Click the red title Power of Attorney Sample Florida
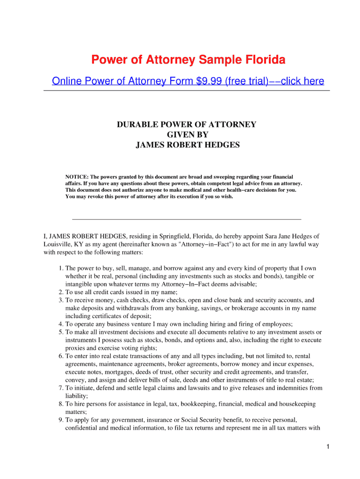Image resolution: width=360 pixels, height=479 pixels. (188, 60)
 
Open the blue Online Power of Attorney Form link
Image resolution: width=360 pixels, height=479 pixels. (188, 81)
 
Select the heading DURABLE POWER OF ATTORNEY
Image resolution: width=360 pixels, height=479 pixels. (187, 124)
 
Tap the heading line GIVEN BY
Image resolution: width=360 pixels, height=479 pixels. (187, 135)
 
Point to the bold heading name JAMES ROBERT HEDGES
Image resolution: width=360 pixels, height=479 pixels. (187, 145)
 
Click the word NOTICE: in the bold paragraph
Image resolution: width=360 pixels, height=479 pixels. (76, 177)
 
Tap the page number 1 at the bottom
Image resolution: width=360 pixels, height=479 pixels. (329, 447)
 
